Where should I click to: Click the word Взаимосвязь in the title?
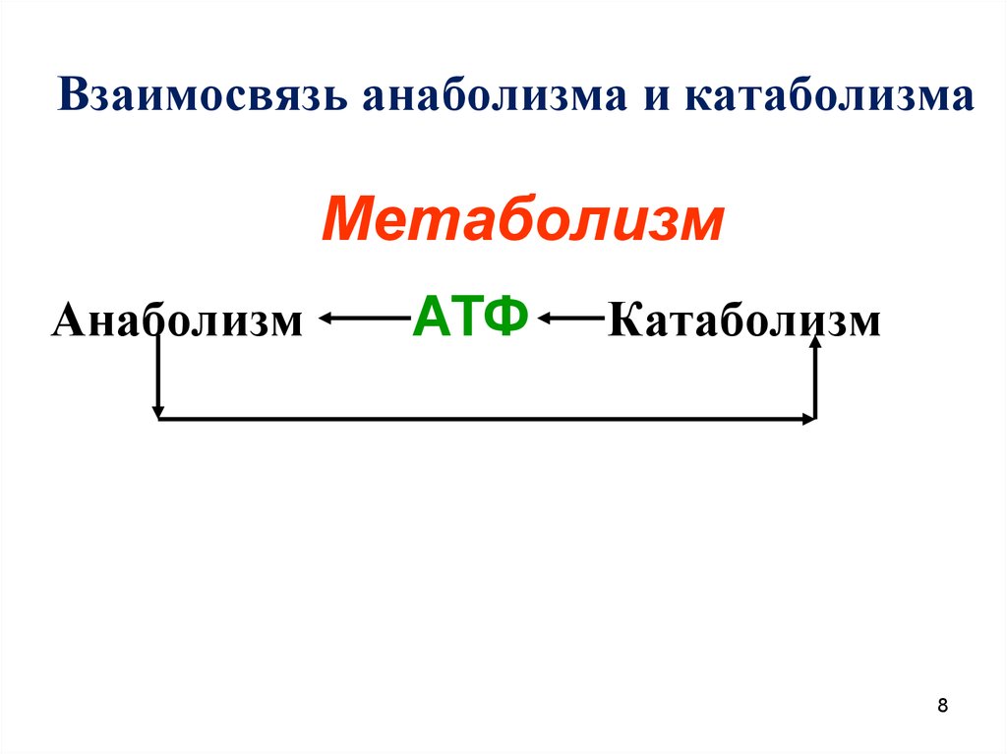[x=203, y=96]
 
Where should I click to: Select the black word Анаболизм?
[x=177, y=319]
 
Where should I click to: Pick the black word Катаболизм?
[x=743, y=319]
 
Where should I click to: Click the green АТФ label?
[x=470, y=317]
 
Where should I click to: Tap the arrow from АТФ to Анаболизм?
[x=365, y=318]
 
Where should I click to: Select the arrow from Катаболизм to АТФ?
[x=571, y=318]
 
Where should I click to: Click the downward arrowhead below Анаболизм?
[x=158, y=412]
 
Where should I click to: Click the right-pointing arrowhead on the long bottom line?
[x=808, y=419]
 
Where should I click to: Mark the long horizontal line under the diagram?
[x=487, y=419]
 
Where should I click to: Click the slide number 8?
[x=942, y=705]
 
